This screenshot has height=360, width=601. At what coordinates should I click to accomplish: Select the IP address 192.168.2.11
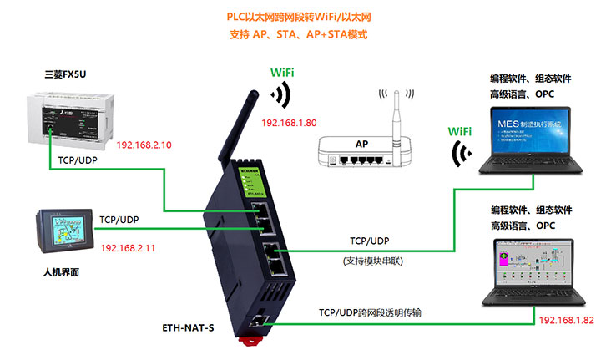tap(129, 249)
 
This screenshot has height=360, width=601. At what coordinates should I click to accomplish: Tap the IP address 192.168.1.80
tap(289, 123)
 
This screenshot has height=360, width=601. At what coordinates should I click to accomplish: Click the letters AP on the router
tap(362, 144)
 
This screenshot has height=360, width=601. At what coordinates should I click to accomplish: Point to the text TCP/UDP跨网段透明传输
tap(370, 312)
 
